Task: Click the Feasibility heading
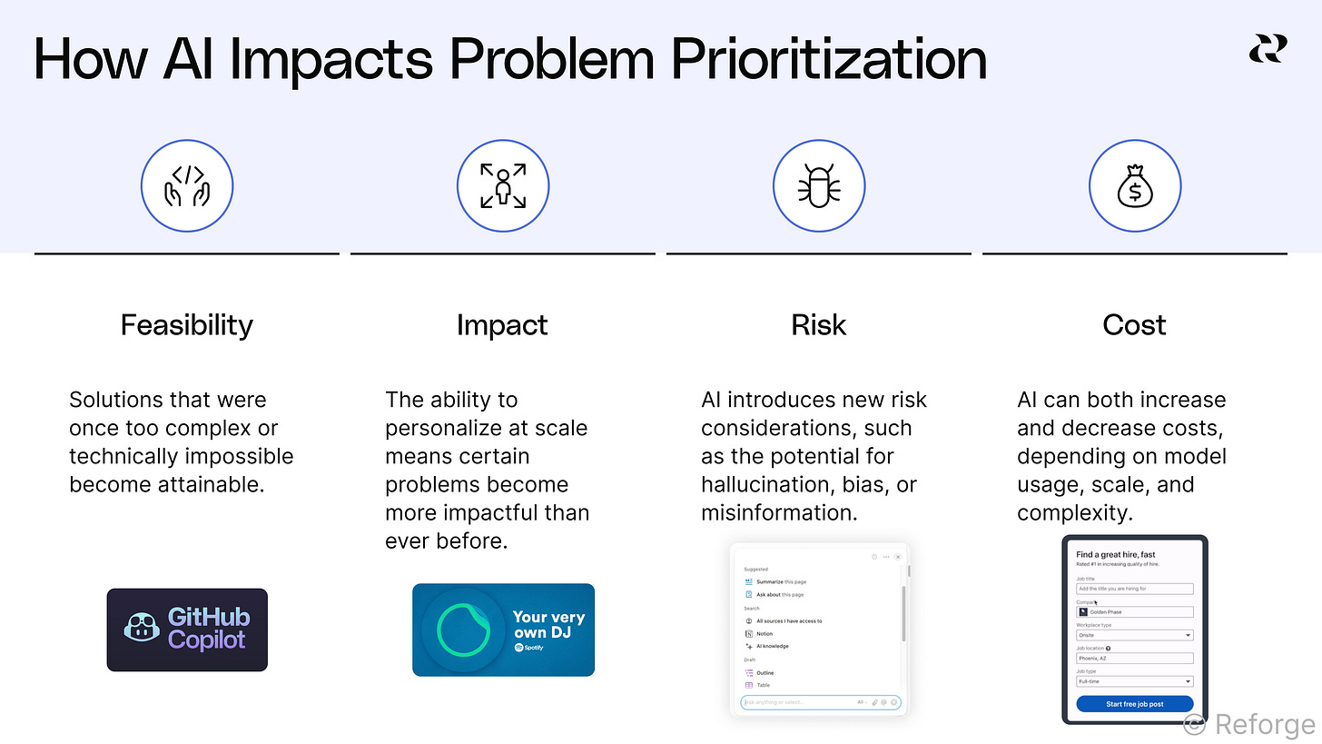click(x=186, y=325)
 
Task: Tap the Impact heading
click(x=502, y=325)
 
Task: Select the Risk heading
click(x=818, y=325)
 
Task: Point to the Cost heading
click(x=1134, y=325)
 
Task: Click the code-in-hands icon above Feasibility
click(x=187, y=185)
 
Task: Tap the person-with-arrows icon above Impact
click(x=502, y=185)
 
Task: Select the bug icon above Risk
click(x=818, y=185)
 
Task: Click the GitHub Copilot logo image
click(x=187, y=630)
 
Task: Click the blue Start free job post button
click(x=1134, y=703)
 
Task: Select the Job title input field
click(x=1134, y=589)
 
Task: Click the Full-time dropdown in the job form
click(x=1134, y=681)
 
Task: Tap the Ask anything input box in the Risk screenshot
click(x=799, y=702)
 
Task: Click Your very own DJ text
click(x=548, y=624)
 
